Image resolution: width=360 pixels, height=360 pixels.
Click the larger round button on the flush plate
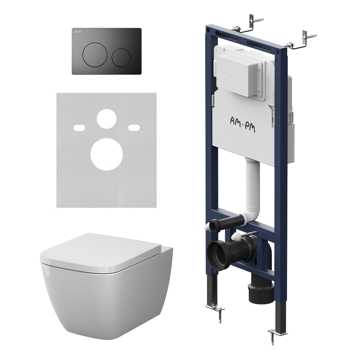point(95,55)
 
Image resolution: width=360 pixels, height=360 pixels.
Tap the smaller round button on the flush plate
point(121,58)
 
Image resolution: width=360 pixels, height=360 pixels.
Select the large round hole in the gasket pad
point(107,154)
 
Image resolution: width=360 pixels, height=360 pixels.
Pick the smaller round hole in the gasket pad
point(107,118)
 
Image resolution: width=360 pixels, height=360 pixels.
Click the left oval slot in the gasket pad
point(80,128)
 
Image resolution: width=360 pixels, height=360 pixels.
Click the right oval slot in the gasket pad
point(134,128)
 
